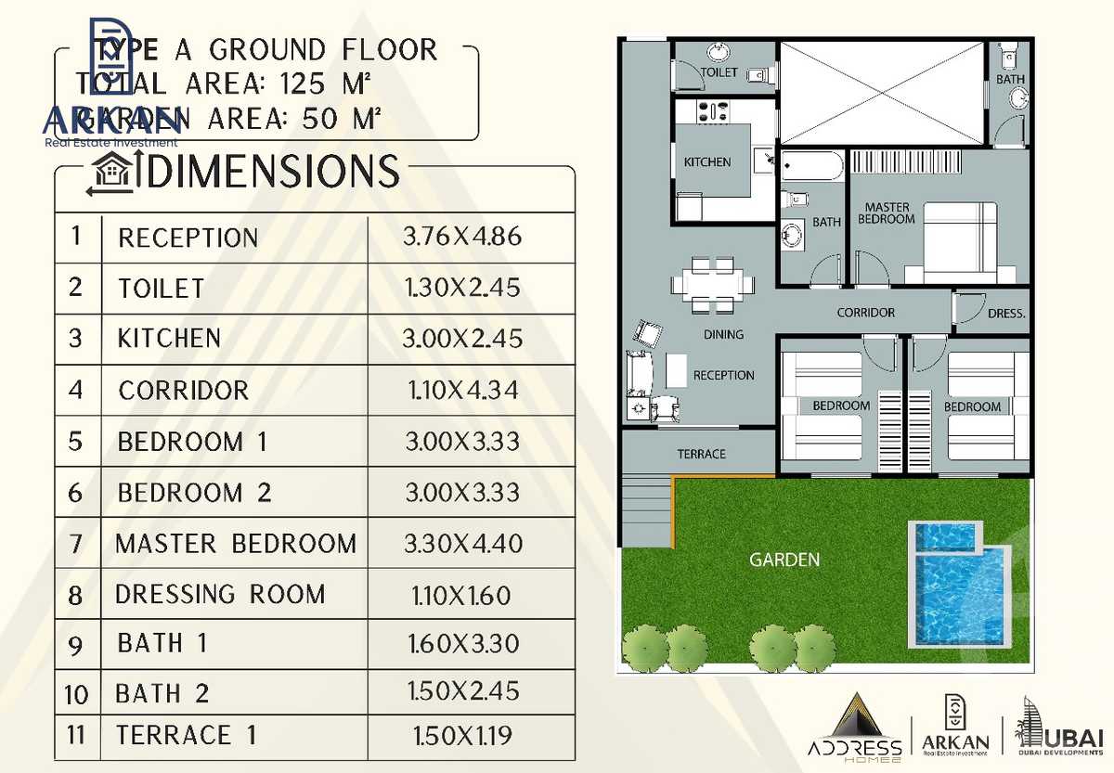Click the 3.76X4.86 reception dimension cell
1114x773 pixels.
462,237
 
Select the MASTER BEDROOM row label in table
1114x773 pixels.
236,544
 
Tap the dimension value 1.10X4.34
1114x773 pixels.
462,391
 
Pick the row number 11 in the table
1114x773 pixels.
76,735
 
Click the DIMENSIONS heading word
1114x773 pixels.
274,173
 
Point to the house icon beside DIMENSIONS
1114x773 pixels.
110,174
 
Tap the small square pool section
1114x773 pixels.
947,536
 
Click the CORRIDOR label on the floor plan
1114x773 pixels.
865,313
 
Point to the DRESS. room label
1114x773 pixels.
1006,314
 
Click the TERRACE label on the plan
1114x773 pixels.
701,454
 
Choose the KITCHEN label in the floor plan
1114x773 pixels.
707,162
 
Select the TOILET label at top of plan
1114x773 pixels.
719,72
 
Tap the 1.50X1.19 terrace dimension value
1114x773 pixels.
462,736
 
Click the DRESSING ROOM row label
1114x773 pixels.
220,594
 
